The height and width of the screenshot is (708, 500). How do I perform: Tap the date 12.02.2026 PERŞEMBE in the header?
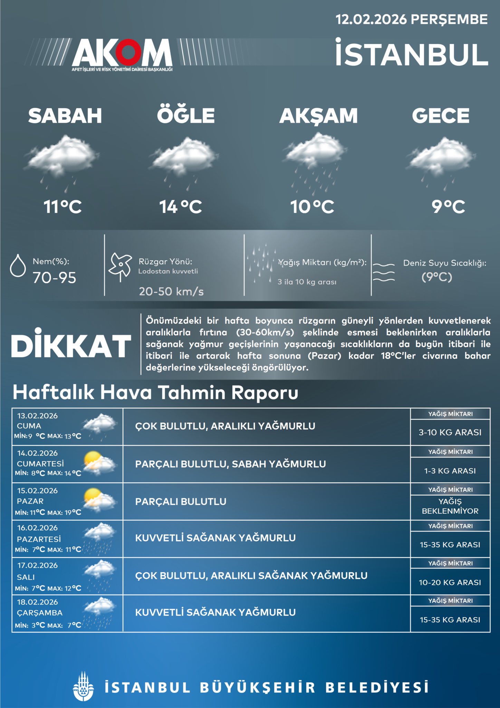(412, 19)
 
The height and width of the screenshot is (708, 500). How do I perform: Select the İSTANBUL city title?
(412, 53)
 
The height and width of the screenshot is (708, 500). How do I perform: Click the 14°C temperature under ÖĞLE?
(181, 207)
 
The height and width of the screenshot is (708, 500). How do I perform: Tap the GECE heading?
(441, 115)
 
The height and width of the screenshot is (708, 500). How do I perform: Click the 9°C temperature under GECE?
(448, 207)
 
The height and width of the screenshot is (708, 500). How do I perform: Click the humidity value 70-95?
(55, 278)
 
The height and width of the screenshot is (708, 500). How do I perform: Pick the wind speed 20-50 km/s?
(171, 291)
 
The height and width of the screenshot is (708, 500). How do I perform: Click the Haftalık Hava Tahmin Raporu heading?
(155, 393)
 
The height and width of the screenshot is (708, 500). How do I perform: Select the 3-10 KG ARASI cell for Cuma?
(450, 432)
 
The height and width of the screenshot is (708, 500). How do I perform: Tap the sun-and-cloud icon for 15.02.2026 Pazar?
(99, 500)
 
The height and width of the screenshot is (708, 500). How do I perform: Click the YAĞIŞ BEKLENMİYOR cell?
(450, 506)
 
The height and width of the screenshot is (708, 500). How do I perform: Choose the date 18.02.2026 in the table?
(38, 602)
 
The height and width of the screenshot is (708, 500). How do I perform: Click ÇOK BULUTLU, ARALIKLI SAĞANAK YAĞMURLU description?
(251, 576)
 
